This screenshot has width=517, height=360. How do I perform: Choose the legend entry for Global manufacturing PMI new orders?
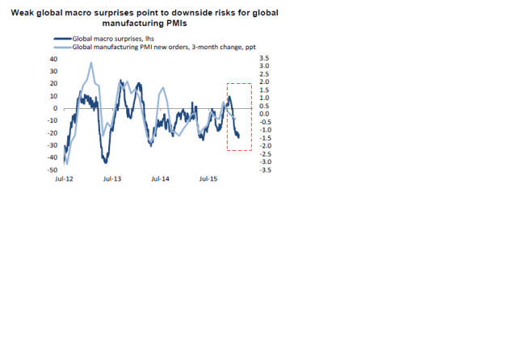point(162,48)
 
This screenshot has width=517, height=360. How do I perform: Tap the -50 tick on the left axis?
point(53,170)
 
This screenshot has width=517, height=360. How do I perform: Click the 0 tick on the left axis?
point(56,108)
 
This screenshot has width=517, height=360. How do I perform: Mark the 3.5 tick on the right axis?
point(263,59)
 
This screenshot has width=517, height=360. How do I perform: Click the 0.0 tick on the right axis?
point(263,114)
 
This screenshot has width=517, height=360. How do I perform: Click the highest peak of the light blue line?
point(91,62)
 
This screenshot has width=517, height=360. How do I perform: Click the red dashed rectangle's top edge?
point(239,84)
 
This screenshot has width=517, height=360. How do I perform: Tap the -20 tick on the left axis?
point(53,133)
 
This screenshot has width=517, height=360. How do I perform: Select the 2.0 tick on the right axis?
point(263,82)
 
